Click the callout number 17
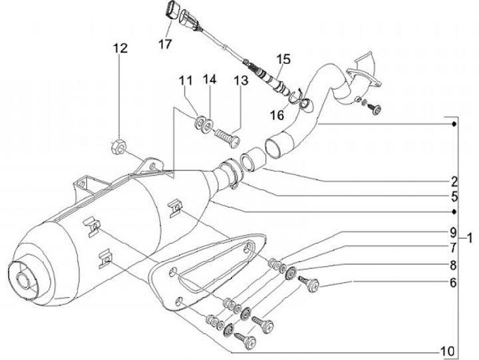click(165, 45)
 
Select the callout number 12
click(120, 48)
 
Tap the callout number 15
click(284, 59)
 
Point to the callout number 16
click(277, 115)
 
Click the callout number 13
click(241, 81)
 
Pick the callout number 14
click(210, 79)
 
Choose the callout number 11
click(186, 81)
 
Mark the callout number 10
click(448, 351)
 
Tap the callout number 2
click(454, 182)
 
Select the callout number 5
click(454, 196)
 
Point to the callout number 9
click(453, 232)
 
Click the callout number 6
click(453, 283)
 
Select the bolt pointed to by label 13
click(228, 138)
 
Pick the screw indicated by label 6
click(309, 283)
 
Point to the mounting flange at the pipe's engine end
click(363, 77)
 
